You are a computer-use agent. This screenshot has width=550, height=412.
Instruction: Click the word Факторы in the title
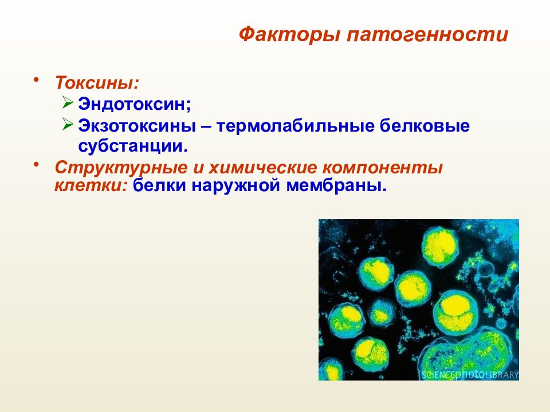pos(289,35)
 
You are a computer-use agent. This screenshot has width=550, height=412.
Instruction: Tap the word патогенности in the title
pos(427,35)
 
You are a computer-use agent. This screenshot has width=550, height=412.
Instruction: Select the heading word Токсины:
pos(97,82)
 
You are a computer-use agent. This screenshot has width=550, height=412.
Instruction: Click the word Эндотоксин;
pos(135,104)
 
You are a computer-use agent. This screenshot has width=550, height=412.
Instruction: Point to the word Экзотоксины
pos(137,126)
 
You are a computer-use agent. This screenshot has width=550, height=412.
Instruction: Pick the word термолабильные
pos(295,126)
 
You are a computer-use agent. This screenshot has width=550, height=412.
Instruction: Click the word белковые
pos(425,126)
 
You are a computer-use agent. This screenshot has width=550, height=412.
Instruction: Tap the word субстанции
pos(132,146)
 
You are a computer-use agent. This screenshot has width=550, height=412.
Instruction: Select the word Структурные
pos(121,168)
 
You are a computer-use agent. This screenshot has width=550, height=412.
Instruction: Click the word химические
pos(263,168)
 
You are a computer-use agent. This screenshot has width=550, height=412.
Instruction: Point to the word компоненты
pos(383,168)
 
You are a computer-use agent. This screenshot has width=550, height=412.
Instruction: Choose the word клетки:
pos(90,185)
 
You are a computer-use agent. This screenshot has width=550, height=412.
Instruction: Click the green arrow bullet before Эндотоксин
pos(68,102)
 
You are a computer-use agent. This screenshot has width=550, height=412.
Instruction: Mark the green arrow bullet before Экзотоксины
pos(68,124)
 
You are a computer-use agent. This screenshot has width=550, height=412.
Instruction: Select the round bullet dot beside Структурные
pos(36,164)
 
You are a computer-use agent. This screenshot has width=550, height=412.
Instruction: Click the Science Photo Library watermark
pos(470,374)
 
